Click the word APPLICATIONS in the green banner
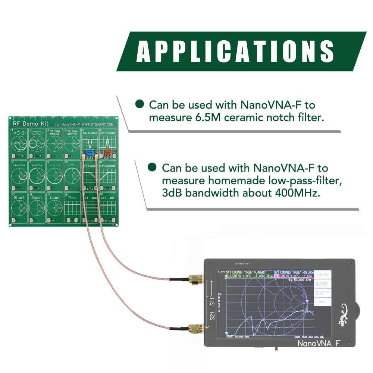235,51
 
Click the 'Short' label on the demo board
19,197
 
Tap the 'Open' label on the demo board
37,197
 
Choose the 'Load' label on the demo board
54,197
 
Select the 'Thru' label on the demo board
72,197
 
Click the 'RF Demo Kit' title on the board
26,123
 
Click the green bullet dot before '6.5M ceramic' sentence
140,104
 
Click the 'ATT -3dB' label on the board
107,197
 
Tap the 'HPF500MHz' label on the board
108,165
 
